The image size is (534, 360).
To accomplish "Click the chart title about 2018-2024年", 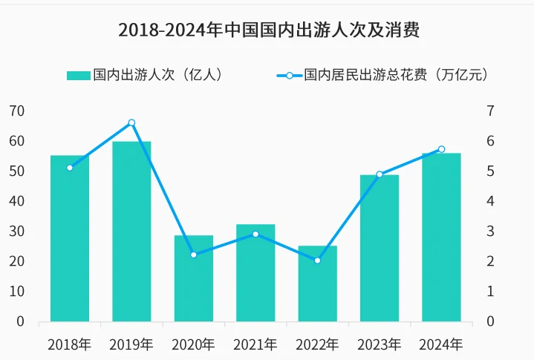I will (268, 30).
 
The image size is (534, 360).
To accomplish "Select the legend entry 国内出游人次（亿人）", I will (145, 75).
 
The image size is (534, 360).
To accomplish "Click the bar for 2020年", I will (194, 278).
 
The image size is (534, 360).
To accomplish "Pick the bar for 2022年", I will (317, 284).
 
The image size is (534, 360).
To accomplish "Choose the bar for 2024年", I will (441, 238).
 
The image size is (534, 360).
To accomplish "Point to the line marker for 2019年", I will (131, 122).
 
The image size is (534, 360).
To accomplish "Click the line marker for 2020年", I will (194, 255).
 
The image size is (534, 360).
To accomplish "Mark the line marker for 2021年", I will (255, 234).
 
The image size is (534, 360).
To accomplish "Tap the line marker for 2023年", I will (380, 174).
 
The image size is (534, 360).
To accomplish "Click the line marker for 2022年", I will (317, 261).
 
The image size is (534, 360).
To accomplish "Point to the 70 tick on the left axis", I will (16, 111).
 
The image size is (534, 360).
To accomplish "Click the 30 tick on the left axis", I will (16, 232).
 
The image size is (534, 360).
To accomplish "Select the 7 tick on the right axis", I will (490, 111).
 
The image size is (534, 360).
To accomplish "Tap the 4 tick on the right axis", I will (490, 201).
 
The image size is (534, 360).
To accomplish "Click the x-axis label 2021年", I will (255, 344).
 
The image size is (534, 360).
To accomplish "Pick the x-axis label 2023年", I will (380, 344).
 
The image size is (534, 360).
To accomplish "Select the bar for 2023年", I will (380, 249).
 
